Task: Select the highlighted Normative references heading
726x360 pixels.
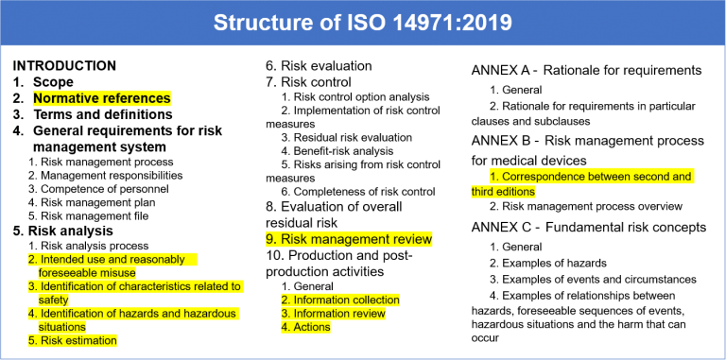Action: [x=101, y=98]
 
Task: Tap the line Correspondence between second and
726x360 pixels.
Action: [x=592, y=177]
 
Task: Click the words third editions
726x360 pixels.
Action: [x=503, y=192]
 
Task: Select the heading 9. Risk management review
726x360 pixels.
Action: [x=349, y=240]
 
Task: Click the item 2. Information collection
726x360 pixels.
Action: [x=340, y=300]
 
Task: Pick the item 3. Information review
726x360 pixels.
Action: [x=334, y=314]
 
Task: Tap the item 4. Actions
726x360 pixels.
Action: [x=305, y=327]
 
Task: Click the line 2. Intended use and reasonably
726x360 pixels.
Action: [x=106, y=259]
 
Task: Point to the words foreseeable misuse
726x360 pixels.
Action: [x=87, y=273]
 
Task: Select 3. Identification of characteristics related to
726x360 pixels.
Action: [x=134, y=286]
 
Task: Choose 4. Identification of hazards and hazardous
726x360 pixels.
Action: [x=131, y=314]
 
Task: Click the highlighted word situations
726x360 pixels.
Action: [x=61, y=327]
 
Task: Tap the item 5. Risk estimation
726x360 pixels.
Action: [x=73, y=341]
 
